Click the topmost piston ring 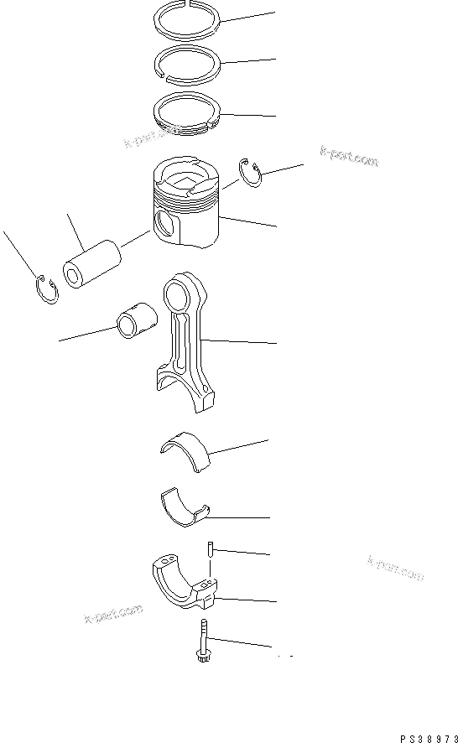click(x=189, y=18)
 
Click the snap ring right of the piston click(x=251, y=171)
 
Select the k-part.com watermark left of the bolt click(x=113, y=616)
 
